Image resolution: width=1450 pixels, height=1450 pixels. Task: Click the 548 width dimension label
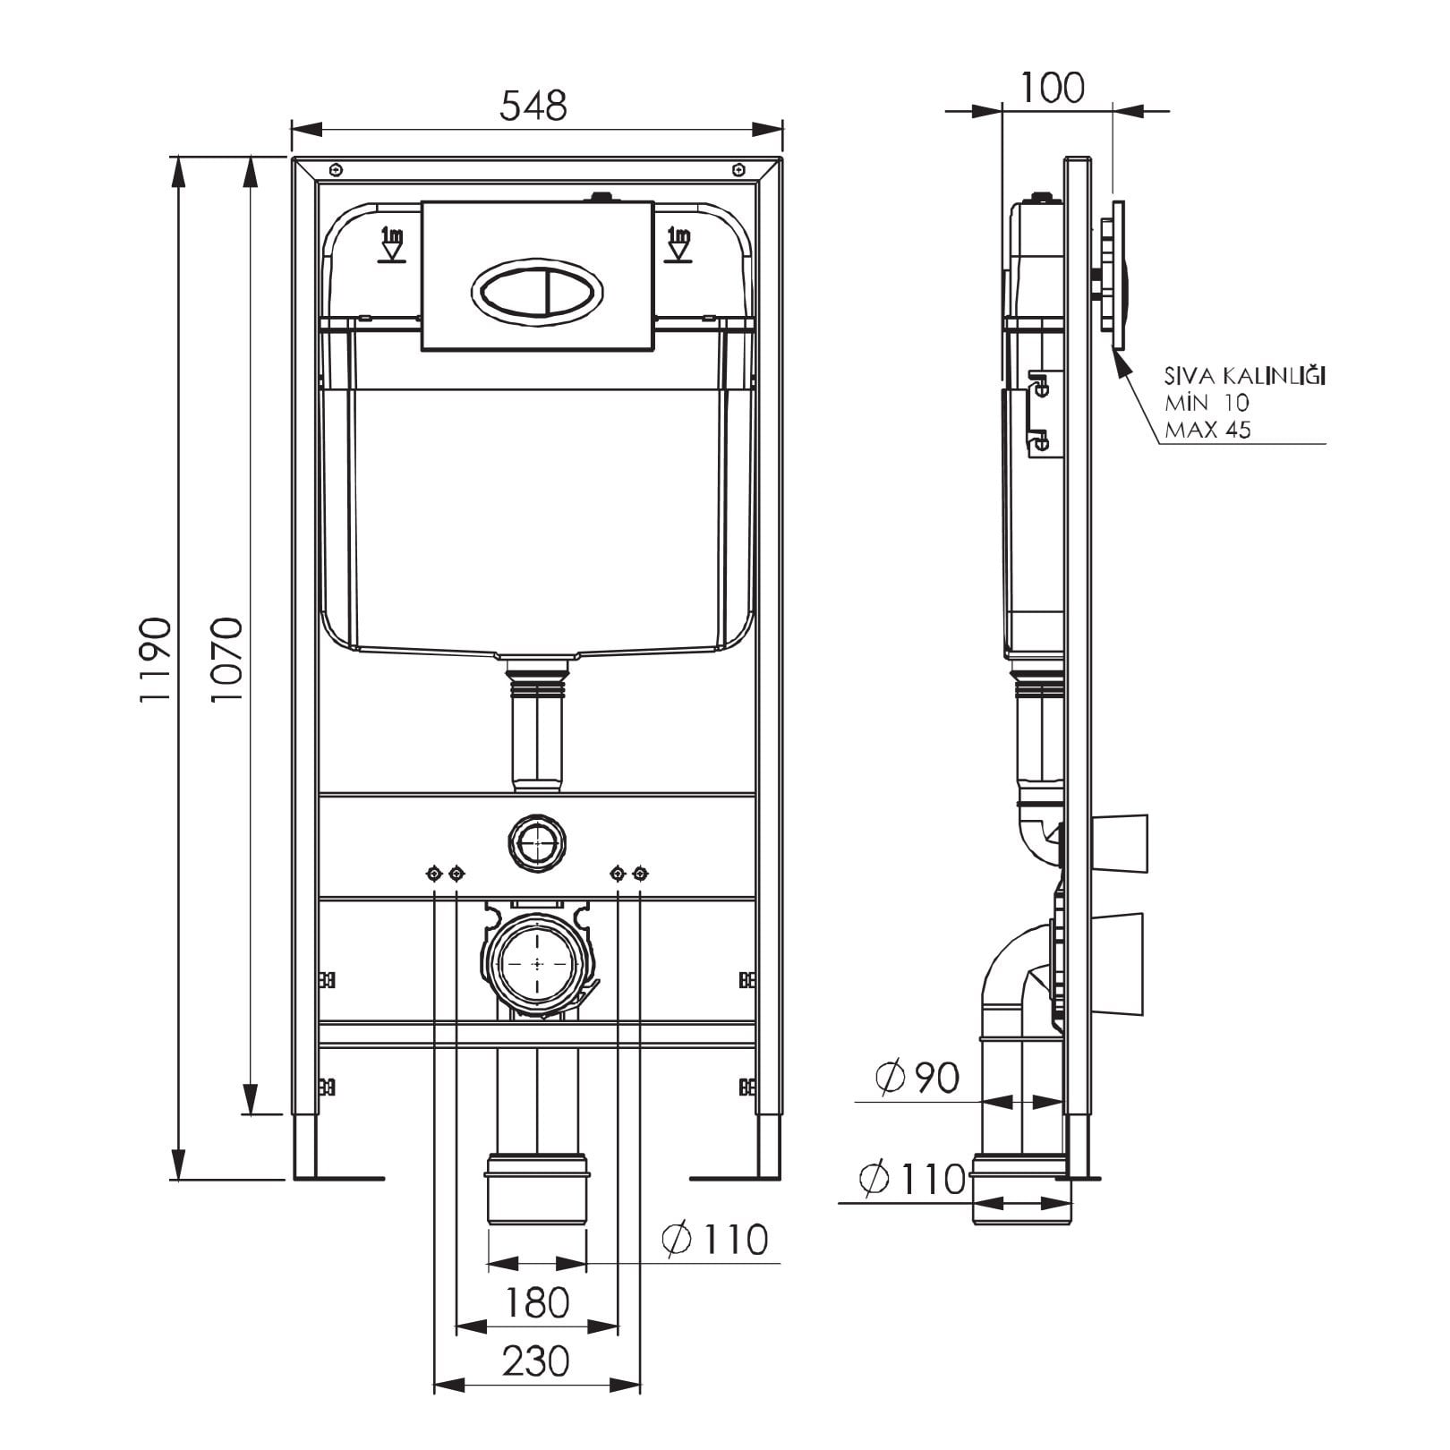[533, 106]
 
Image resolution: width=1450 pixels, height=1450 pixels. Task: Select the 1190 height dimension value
[155, 659]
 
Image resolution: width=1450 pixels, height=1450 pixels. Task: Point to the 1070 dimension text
[226, 659]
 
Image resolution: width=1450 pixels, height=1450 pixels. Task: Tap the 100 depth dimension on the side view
[1053, 88]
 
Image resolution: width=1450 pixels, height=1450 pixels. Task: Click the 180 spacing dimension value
[536, 1303]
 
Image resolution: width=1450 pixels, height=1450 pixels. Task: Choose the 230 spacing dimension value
[536, 1361]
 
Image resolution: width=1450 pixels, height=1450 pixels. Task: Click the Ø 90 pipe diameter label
[917, 1078]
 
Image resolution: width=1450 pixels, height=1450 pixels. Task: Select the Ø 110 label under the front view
[715, 1239]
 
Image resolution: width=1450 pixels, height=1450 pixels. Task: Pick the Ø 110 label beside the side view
[913, 1179]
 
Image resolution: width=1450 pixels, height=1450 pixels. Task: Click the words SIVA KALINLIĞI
[1245, 375]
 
